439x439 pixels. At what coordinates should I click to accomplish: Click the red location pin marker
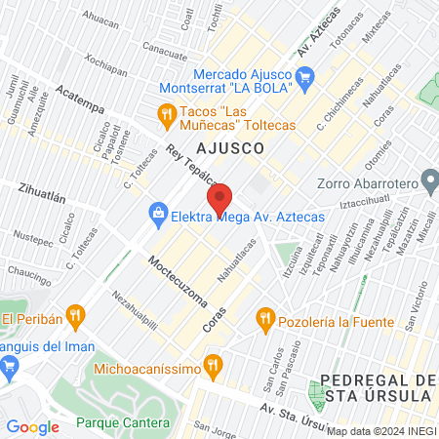pos(220,200)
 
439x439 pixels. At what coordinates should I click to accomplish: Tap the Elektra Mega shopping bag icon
pos(156,211)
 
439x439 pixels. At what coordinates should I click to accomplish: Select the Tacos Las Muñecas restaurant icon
pos(167,116)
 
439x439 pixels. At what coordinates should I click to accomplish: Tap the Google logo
pos(32,426)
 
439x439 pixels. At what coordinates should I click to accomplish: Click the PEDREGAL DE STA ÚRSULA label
pos(377,387)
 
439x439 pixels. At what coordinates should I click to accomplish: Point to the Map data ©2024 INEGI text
pos(380,430)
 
